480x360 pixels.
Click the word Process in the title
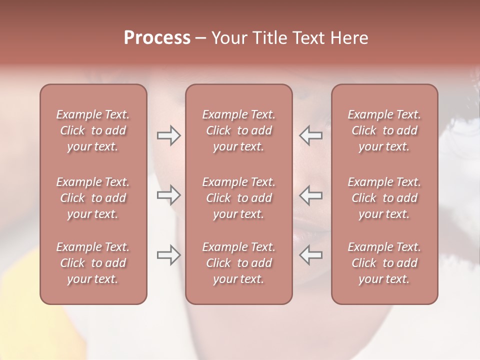point(157,38)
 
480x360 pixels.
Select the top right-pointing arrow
point(168,135)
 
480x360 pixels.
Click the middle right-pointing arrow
point(168,195)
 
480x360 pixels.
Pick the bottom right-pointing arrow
point(168,255)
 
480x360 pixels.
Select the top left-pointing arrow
point(310,135)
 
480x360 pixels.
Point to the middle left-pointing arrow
point(310,195)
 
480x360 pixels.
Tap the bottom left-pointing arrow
point(310,255)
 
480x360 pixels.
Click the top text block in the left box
point(93,130)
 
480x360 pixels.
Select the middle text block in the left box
point(93,198)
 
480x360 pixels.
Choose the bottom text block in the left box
point(93,263)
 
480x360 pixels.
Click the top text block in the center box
point(238,130)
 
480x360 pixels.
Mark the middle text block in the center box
point(238,198)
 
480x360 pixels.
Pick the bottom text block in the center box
point(238,263)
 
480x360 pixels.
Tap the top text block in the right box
point(384,130)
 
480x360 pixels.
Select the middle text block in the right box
point(384,198)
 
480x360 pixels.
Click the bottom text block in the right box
point(384,263)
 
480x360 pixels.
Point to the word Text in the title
point(309,38)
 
